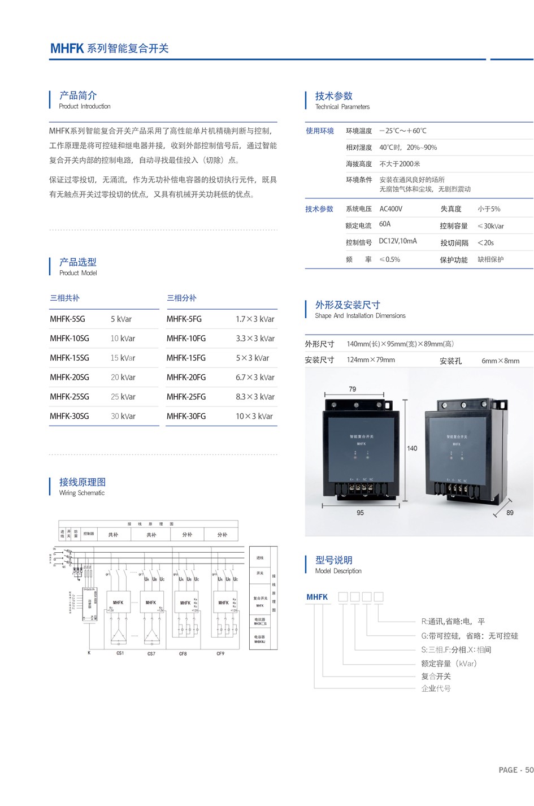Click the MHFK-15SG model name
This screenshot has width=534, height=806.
click(x=70, y=358)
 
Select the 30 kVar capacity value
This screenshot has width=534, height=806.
click(x=123, y=416)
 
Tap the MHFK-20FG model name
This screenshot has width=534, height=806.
click(x=186, y=377)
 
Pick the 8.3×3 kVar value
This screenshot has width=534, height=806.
click(x=255, y=397)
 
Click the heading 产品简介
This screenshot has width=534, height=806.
click(x=78, y=96)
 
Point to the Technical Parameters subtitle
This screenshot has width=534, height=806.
click(x=342, y=107)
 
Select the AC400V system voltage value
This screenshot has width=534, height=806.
click(x=391, y=209)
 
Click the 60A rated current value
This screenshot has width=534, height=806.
click(x=385, y=224)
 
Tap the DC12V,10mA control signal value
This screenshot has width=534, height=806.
click(x=398, y=241)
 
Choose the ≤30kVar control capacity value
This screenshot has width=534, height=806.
click(x=490, y=226)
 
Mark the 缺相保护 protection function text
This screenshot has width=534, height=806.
click(x=490, y=259)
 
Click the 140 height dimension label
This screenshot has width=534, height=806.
click(x=412, y=448)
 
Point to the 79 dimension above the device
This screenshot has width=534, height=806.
click(x=353, y=389)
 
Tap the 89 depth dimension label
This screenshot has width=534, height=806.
click(x=510, y=513)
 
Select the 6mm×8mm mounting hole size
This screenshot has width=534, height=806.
click(x=500, y=361)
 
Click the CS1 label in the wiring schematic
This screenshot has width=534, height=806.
click(x=120, y=653)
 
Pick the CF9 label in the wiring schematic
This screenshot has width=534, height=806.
click(x=220, y=654)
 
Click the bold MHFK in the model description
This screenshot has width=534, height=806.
click(x=317, y=597)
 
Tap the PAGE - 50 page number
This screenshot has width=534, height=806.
click(x=516, y=770)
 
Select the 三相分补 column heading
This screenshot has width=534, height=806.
click(x=181, y=298)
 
